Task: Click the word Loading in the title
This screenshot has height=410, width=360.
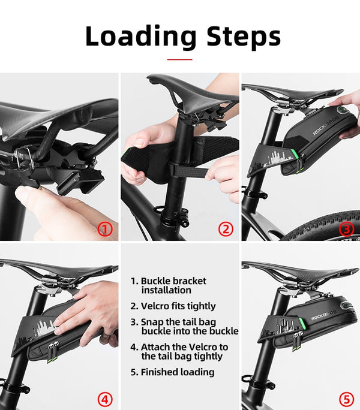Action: pos(141,37)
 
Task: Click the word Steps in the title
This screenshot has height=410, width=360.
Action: pos(244,37)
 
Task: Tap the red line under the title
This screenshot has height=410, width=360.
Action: pos(179,59)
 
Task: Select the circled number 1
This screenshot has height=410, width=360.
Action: pos(105,230)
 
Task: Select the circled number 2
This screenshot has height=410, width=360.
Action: pos(226,229)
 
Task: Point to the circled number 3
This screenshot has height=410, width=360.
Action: pos(346,229)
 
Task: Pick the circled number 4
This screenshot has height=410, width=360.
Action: pos(105,399)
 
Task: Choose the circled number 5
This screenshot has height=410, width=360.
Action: pos(346,399)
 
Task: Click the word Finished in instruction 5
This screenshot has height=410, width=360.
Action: pos(158,372)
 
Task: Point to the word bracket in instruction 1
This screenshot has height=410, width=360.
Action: pos(189,281)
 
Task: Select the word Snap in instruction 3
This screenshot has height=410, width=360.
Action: pos(152,322)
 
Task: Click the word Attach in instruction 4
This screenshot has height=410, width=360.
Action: pos(155,347)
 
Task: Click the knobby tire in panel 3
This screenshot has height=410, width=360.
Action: pos(323,227)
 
